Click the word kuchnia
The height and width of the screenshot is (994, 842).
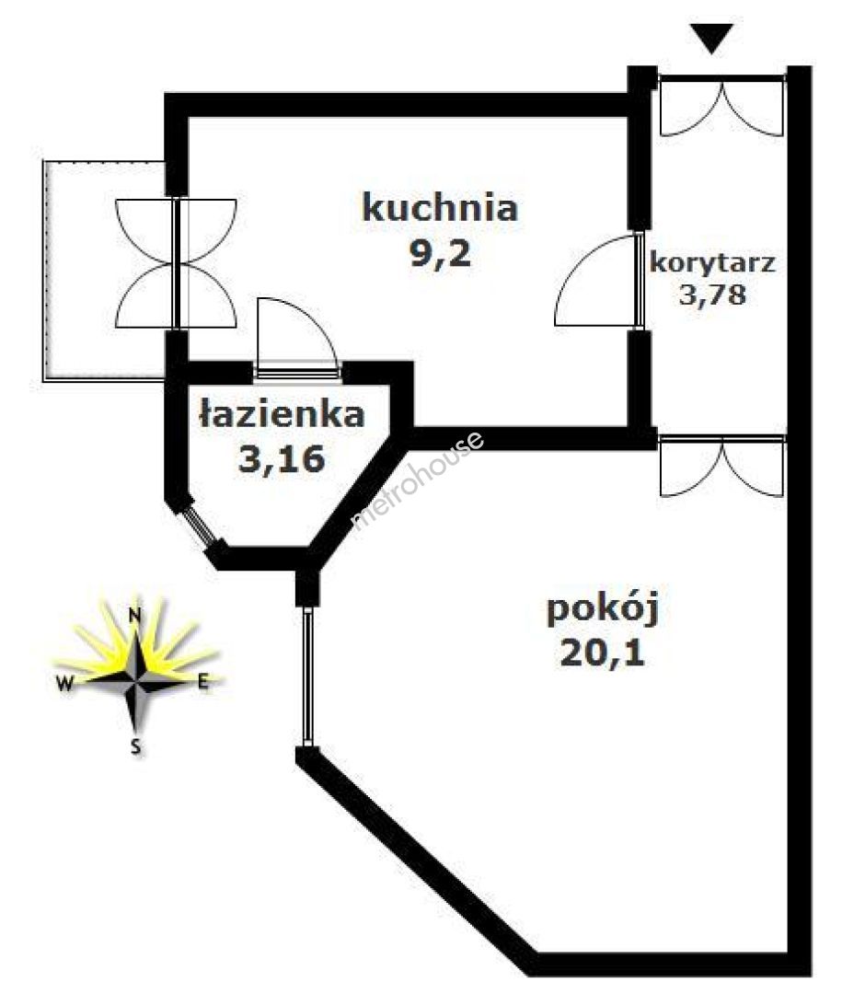[x=440, y=207]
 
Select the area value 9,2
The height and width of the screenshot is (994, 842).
[x=440, y=252]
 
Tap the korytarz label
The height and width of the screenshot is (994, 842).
[x=712, y=262]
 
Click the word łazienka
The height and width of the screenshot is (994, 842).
[x=281, y=415]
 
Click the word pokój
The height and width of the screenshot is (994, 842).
[x=604, y=609]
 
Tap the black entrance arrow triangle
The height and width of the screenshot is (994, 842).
[x=714, y=39]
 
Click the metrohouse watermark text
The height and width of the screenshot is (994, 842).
[x=419, y=480]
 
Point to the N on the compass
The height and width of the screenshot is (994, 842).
[x=134, y=616]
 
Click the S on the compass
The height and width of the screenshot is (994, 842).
[x=135, y=746]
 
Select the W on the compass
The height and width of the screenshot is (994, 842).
[x=63, y=683]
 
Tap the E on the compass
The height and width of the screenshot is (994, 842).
[x=203, y=682]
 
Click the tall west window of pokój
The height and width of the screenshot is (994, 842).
[x=307, y=676]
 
